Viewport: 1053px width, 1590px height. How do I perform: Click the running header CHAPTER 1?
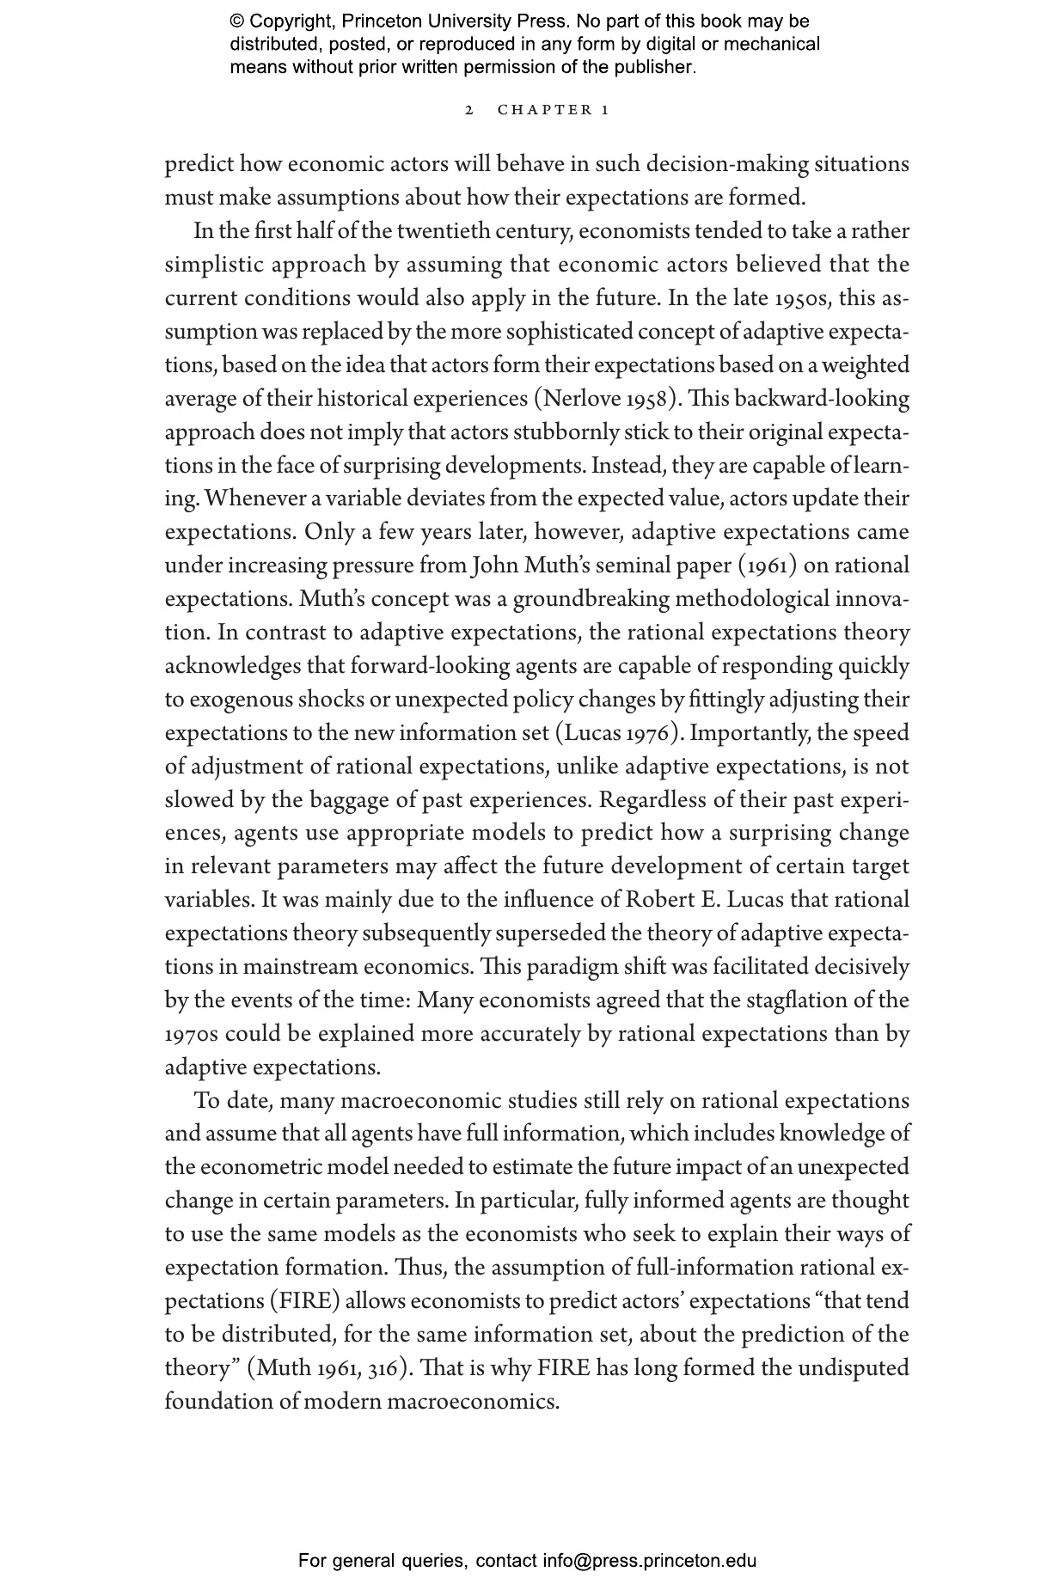(554, 110)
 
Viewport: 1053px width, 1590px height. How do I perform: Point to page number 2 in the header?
(468, 110)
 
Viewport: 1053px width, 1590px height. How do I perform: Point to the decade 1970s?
(191, 1034)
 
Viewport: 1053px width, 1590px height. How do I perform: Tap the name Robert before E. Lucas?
(663, 900)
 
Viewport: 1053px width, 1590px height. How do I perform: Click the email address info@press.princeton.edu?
(649, 1561)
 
